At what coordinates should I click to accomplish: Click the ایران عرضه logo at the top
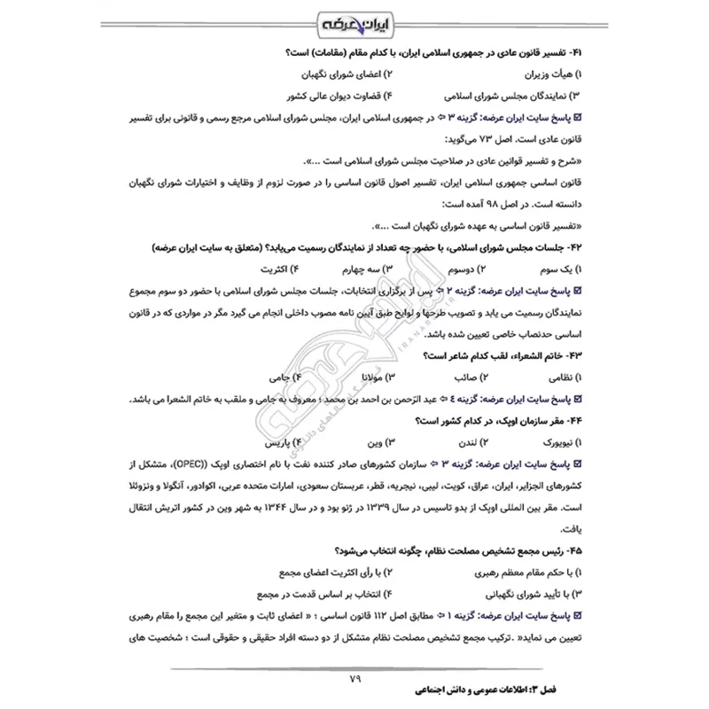click(x=354, y=19)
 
